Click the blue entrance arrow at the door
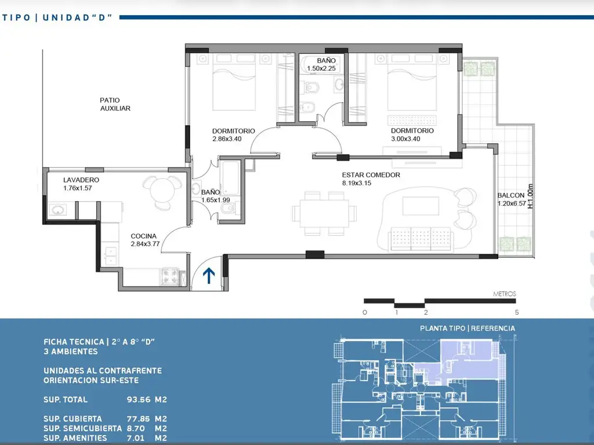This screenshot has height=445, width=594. (x=209, y=276)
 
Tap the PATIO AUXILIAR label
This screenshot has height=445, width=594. (x=115, y=104)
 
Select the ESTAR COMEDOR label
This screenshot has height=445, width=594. (x=371, y=175)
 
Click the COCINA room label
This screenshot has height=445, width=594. (x=144, y=236)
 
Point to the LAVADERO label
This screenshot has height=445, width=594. (x=81, y=180)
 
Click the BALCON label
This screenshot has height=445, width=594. (x=510, y=195)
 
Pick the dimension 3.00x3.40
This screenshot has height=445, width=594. (x=405, y=139)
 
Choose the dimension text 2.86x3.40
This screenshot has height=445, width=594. (x=227, y=139)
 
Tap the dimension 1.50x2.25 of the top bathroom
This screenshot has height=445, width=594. (x=321, y=68)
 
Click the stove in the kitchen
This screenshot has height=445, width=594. (x=170, y=276)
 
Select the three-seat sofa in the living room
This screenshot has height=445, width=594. (x=421, y=239)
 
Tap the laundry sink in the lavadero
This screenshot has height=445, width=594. (x=57, y=210)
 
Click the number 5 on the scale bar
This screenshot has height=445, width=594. (x=517, y=312)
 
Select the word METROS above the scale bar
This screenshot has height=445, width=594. (x=504, y=294)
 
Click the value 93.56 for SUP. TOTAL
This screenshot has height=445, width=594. (x=139, y=400)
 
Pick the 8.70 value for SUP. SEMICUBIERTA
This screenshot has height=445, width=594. (x=136, y=428)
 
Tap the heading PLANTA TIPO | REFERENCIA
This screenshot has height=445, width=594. (x=468, y=328)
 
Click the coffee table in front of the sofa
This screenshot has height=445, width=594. (x=421, y=206)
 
